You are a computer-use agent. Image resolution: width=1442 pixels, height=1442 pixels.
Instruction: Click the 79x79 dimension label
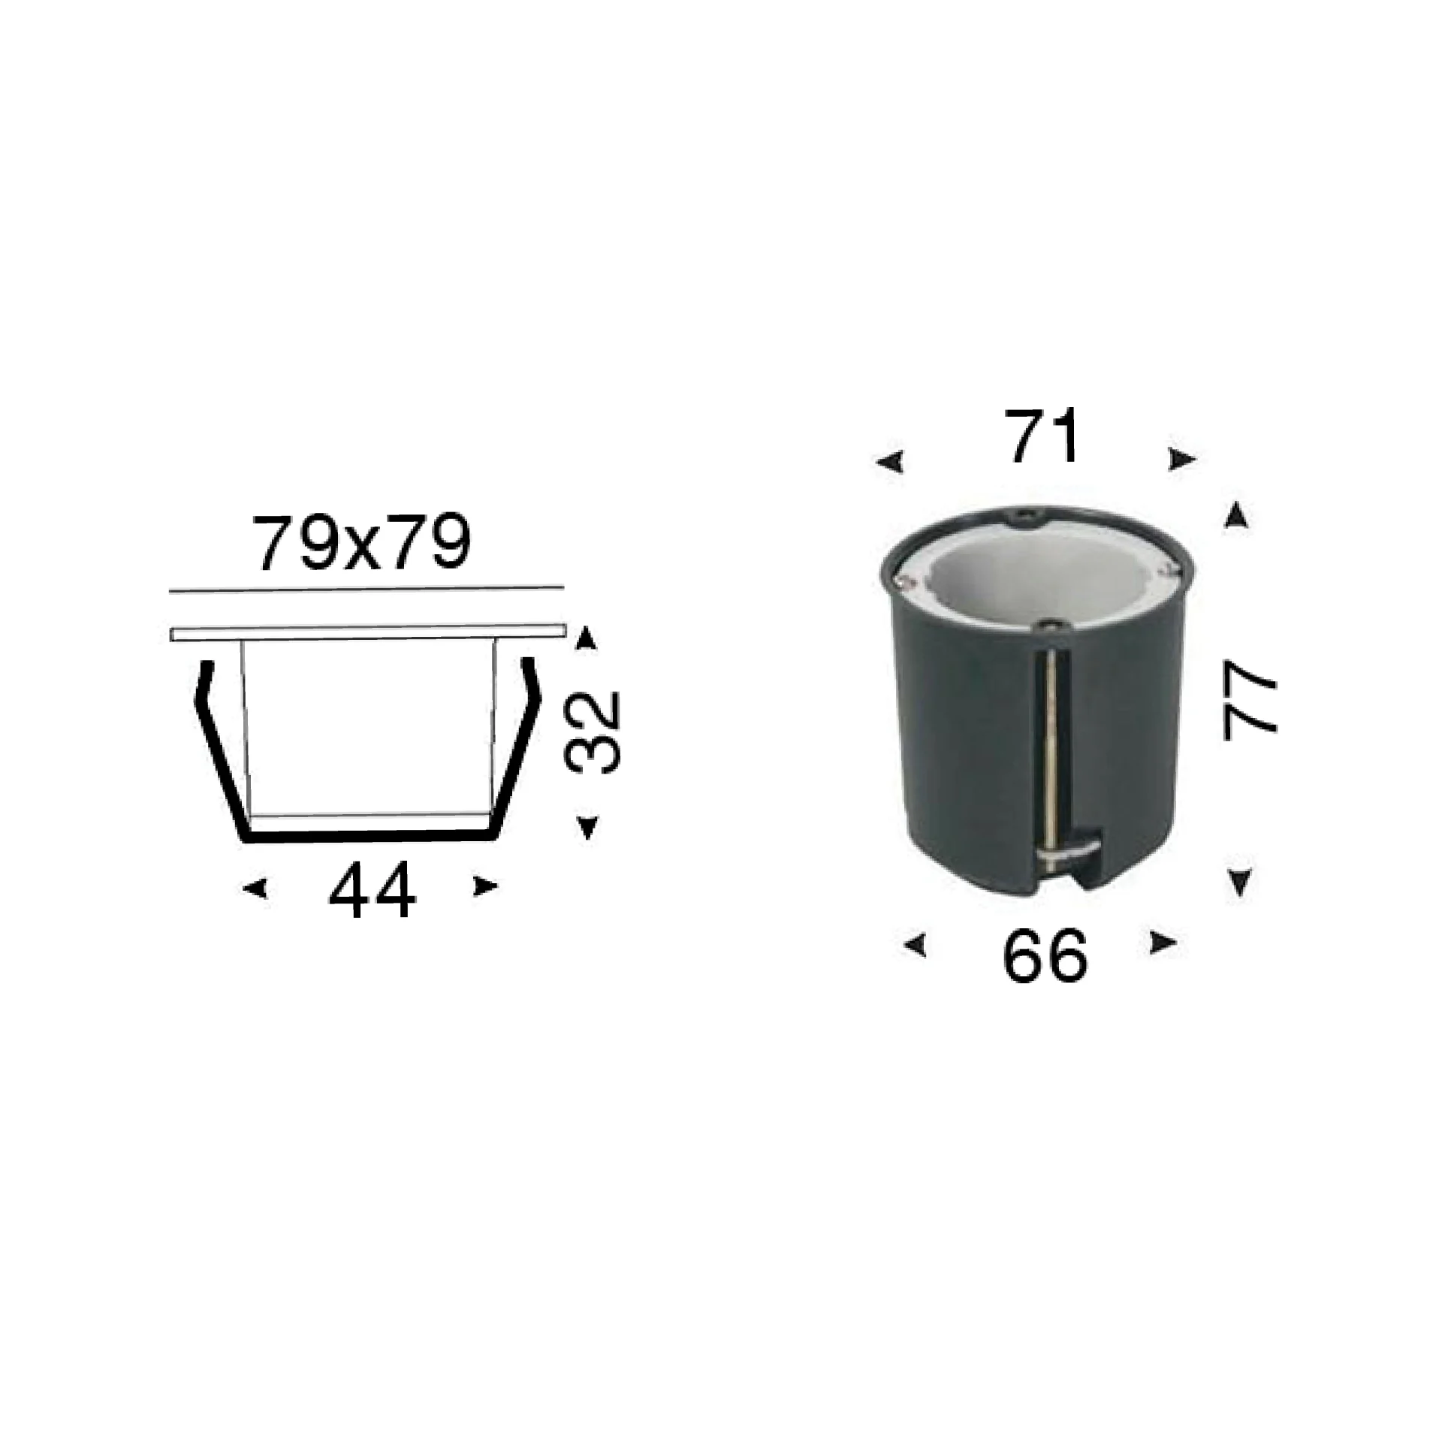(x=363, y=543)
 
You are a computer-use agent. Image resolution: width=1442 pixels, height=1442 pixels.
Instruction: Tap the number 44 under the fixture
(x=372, y=891)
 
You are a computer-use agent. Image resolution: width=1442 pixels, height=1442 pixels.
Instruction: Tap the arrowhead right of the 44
(x=485, y=887)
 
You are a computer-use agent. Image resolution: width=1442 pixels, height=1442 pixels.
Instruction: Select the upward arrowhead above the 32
(x=587, y=639)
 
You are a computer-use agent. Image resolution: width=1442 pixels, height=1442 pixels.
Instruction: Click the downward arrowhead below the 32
(x=588, y=827)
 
